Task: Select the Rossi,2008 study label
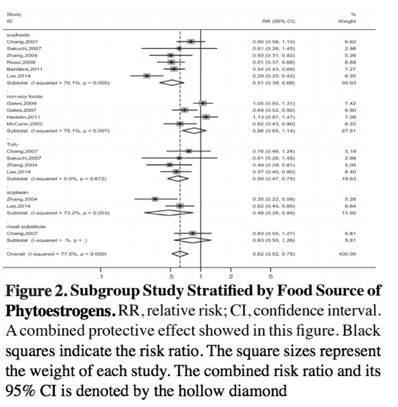click(20, 62)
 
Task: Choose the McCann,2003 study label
click(22, 124)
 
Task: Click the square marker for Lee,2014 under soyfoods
click(147, 75)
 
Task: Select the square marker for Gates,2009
click(203, 103)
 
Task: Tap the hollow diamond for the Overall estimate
click(180, 253)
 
